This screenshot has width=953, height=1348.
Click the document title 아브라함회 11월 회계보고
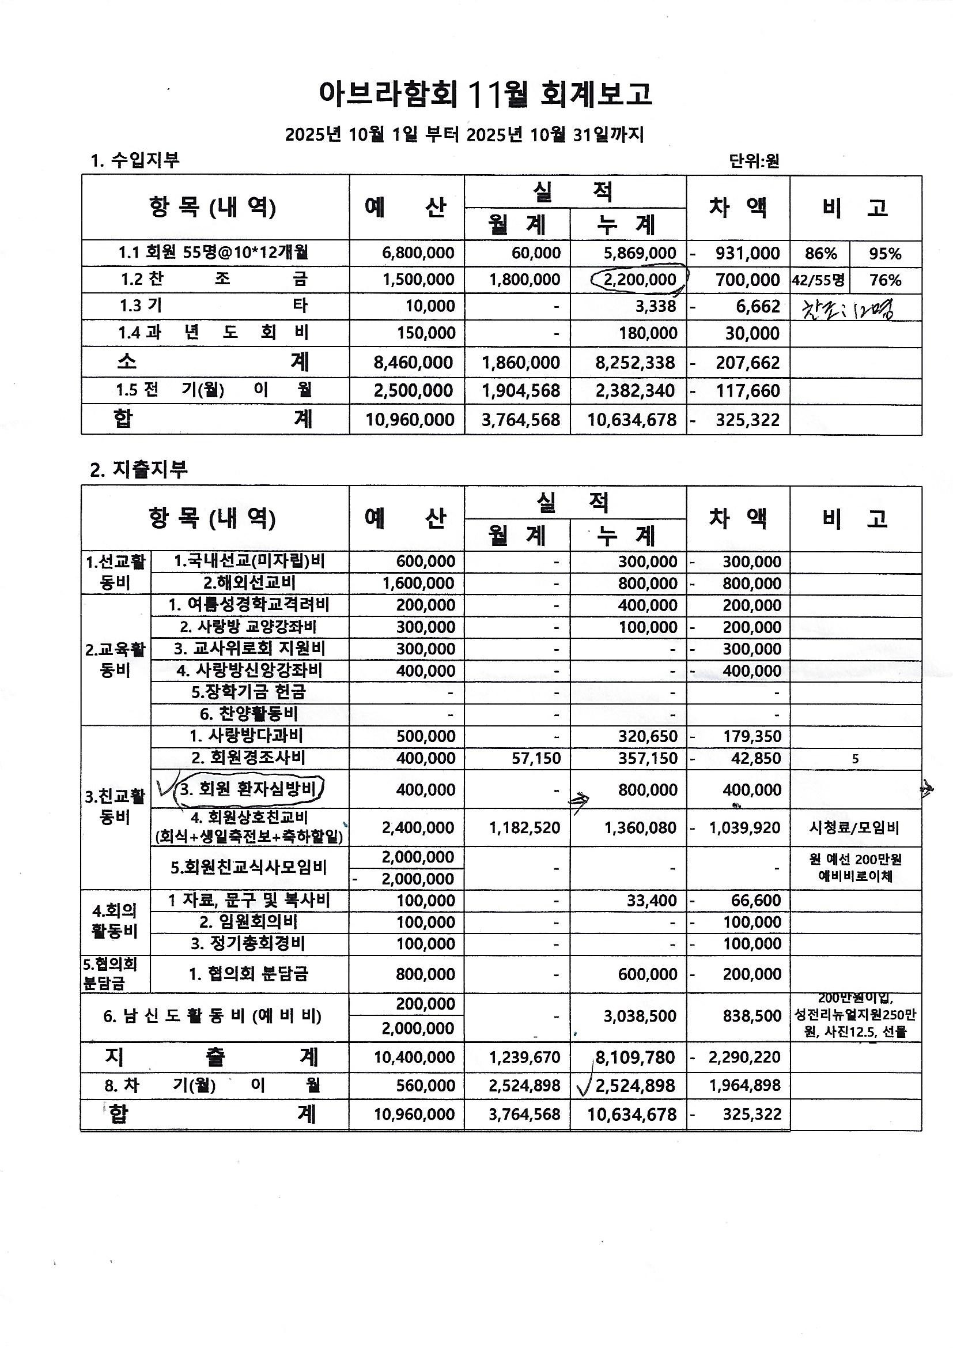pos(485,95)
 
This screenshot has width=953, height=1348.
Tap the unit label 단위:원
pos(754,161)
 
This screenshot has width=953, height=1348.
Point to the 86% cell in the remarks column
pos(820,254)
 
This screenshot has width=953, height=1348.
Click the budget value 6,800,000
pos(418,253)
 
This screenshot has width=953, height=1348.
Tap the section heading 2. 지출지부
pos(139,470)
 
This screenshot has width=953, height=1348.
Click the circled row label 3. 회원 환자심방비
pos(248,790)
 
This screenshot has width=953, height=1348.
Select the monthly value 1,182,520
pos(525,828)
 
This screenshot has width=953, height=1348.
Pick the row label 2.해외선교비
pos(249,583)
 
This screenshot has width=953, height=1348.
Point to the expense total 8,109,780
pos(635,1057)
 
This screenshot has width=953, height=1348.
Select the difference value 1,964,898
pos(744,1086)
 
